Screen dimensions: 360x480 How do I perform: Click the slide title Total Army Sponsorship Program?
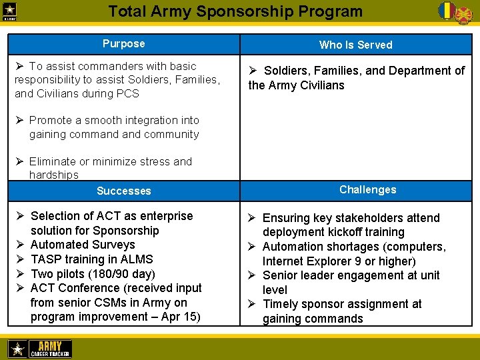235,11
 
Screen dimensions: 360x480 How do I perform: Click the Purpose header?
123,44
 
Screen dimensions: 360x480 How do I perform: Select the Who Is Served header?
355,45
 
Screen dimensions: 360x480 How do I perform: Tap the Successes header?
123,191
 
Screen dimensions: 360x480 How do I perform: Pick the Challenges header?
367,189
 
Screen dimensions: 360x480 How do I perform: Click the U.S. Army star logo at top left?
11,11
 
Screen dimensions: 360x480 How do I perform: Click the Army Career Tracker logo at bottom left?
39,349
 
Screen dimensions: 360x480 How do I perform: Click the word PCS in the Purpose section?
127,94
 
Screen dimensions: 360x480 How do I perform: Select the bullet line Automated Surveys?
83,245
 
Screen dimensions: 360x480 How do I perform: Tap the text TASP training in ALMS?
91,259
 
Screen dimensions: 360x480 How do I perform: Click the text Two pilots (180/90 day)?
93,273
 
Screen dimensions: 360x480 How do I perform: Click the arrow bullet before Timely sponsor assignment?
253,304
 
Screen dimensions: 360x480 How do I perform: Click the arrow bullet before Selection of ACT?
20,216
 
